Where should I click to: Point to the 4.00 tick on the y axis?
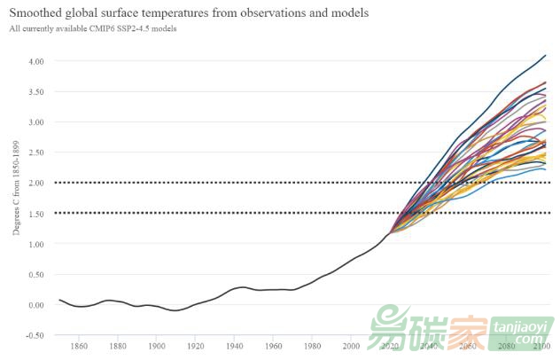coord(35,61)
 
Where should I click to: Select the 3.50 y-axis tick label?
coord(35,91)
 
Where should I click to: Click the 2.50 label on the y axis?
coord(35,153)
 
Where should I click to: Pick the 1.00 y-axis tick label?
coord(35,244)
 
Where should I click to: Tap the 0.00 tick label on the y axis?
coord(35,305)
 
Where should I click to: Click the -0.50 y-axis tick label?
coord(34,335)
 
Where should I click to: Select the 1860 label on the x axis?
coord(79,346)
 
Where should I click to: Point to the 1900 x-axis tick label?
coord(157,346)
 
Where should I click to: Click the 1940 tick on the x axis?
coord(235,346)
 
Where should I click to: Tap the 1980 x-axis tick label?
coord(312,346)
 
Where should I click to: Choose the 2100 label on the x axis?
coord(543,346)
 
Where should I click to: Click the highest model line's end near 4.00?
coord(545,56)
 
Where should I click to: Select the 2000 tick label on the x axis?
coord(351,346)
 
